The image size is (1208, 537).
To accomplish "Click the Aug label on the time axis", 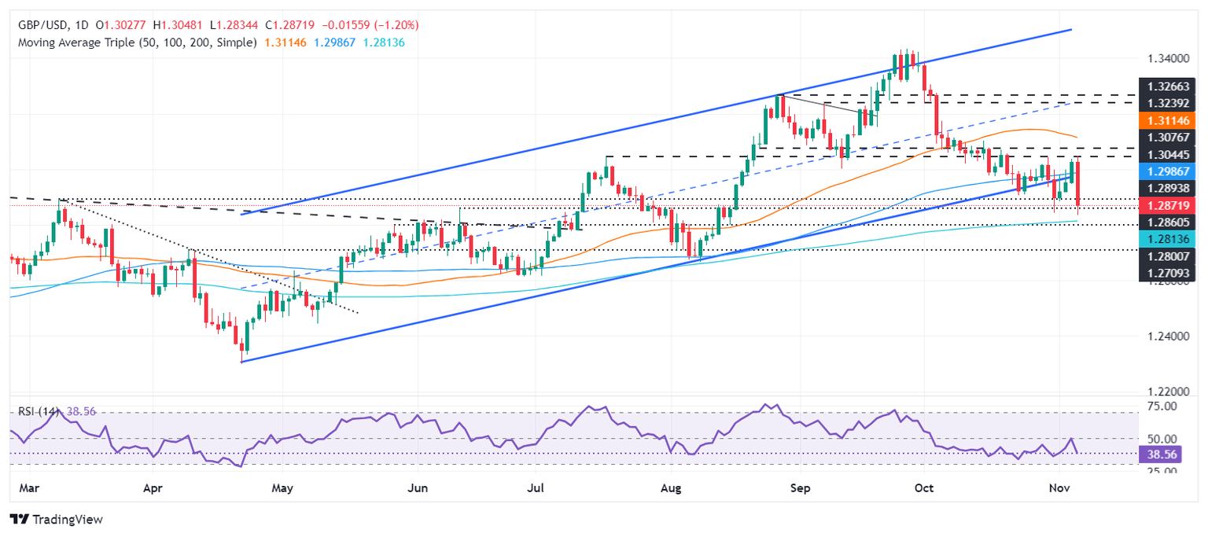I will point(670,488).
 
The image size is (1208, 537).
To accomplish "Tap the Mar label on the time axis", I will point(28,488).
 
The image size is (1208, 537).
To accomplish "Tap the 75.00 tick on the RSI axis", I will point(1162,406).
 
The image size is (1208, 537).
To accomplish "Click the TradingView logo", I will point(56,519).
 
